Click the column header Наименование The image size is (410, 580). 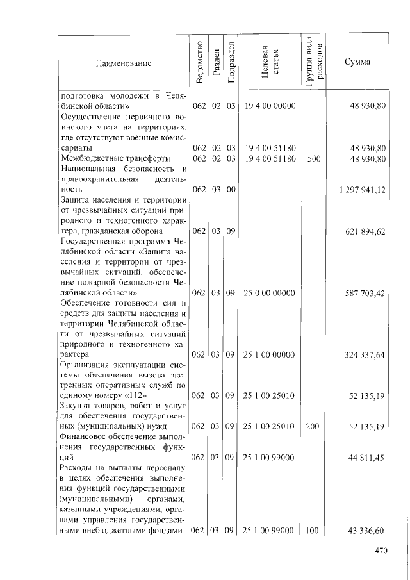pyautogui.click(x=124, y=63)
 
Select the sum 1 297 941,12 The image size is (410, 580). pyautogui.click(x=362, y=190)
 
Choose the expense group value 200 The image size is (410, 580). pyautogui.click(x=313, y=426)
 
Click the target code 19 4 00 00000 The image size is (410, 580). pyautogui.click(x=269, y=106)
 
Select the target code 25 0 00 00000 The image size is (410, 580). pyautogui.click(x=269, y=292)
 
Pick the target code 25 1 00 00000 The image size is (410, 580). pyautogui.click(x=269, y=354)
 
